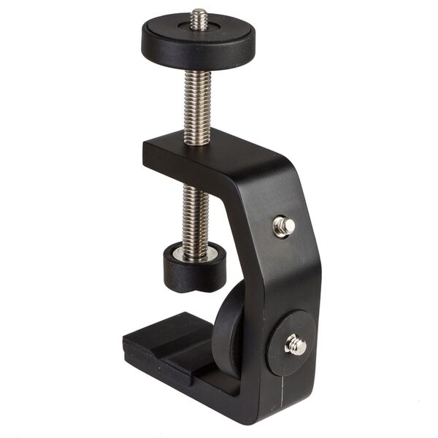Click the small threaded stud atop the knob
click(x=198, y=18)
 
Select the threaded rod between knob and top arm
click(x=197, y=103)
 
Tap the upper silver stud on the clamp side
click(x=283, y=226)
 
